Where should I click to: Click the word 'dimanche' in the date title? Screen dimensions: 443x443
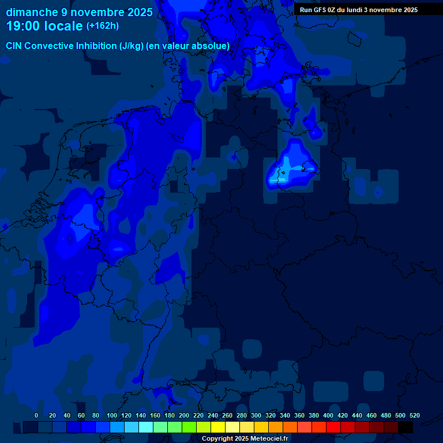coord(31,12)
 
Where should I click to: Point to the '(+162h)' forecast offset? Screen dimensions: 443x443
coord(103,26)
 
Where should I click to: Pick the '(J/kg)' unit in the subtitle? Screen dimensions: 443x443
coord(132,46)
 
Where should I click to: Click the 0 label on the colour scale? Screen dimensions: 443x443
coord(36,415)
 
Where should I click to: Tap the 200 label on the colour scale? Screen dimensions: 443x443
coord(184,415)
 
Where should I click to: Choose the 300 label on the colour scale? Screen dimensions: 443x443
coord(256,415)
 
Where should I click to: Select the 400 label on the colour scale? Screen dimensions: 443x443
coord(328,415)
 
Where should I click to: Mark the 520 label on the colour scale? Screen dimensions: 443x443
coord(414,415)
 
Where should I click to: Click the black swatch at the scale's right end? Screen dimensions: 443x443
coord(406,427)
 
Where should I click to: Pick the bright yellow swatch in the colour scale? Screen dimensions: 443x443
coord(218,427)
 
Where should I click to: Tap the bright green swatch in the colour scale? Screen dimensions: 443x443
coord(189,427)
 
